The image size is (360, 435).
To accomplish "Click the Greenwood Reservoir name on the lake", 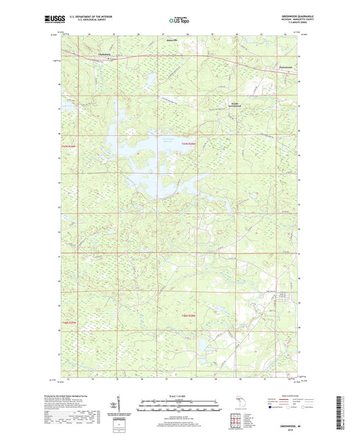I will pos(172,139).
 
